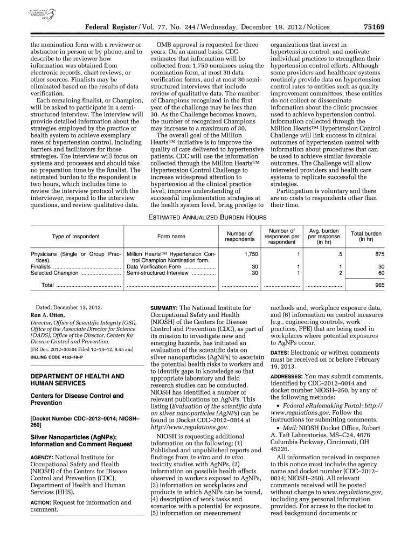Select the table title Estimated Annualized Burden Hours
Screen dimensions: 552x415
pos(207,217)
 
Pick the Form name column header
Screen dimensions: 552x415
pos(171,236)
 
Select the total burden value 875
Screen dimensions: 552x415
pos(379,253)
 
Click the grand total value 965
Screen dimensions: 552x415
pos(379,285)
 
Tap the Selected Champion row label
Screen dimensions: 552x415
pos(54,273)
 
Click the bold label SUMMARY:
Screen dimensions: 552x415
pos(163,308)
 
